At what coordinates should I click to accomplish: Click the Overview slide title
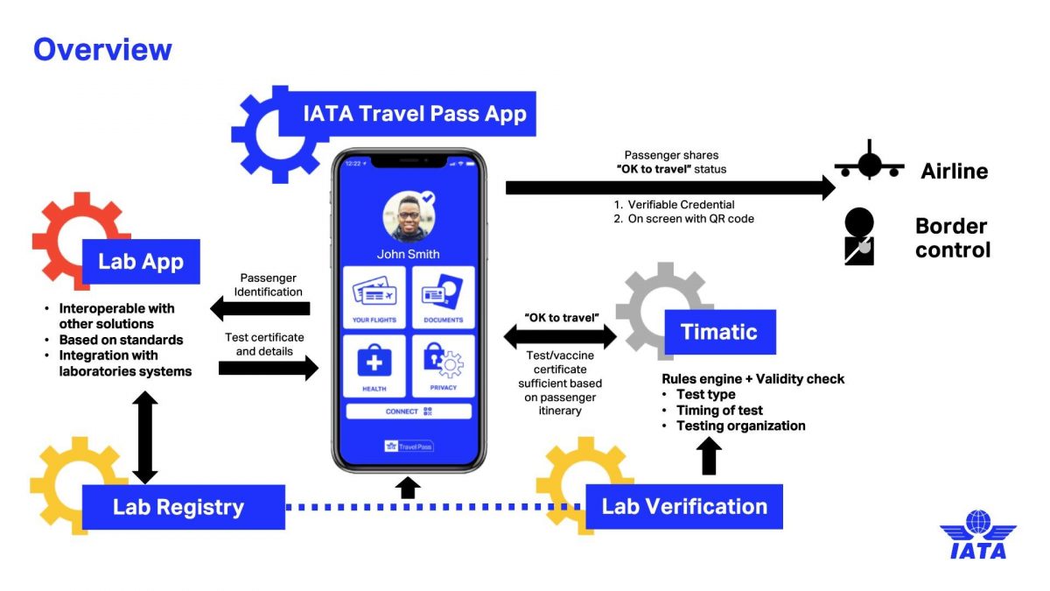102,49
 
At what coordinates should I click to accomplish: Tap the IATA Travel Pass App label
414,114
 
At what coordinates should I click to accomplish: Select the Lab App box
141,261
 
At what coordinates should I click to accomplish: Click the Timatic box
720,332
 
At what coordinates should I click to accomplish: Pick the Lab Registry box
183,506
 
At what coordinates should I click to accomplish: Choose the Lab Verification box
683,506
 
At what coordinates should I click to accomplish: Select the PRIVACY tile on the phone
443,366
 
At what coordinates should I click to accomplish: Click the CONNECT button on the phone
409,411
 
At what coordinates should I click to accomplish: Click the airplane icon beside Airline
868,165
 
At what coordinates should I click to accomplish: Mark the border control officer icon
858,236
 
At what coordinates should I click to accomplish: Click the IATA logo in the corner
977,534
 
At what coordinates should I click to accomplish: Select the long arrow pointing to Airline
670,186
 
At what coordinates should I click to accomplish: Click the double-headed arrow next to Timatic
560,336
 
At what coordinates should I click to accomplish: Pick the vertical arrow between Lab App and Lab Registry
145,437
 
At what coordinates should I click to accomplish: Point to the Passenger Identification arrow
261,308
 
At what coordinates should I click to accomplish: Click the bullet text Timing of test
719,410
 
